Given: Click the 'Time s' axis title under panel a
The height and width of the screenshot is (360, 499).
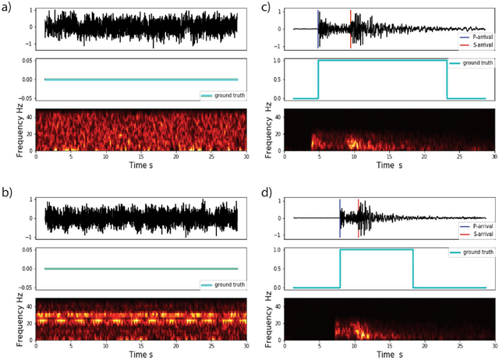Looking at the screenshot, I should pos(140,166).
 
